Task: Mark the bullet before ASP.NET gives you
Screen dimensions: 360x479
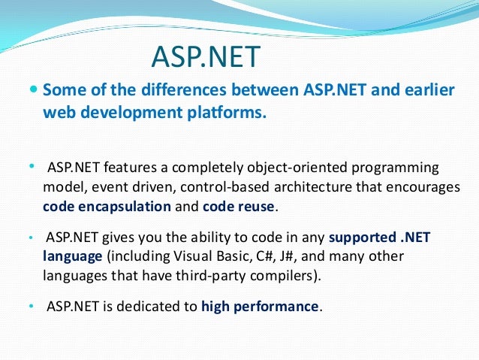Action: pyautogui.click(x=31, y=237)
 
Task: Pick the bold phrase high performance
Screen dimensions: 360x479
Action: pyautogui.click(x=261, y=307)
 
